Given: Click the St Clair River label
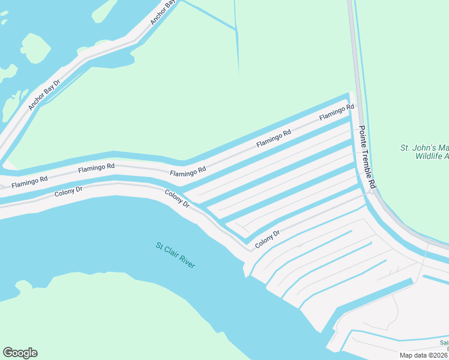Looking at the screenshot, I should (176, 256).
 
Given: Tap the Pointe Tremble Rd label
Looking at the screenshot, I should (367, 158).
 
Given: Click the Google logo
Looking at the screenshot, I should (20, 353).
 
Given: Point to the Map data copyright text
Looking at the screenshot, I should (424, 355).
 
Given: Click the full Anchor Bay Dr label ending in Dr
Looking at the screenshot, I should (44, 95).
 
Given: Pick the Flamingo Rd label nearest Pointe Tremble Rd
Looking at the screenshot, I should (336, 112).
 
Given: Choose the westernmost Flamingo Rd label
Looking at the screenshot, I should (29, 180).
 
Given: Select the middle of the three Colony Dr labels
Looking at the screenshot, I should (178, 198).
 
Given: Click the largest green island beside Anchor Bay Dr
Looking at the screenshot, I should (35, 49).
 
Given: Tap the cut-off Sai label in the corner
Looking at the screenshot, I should (444, 343).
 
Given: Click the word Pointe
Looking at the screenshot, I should (363, 136).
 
